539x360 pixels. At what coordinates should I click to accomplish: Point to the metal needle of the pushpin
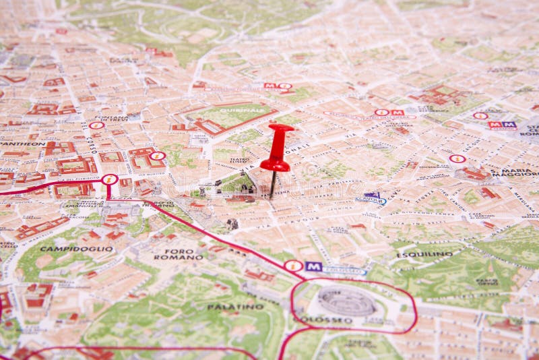tap(273, 184)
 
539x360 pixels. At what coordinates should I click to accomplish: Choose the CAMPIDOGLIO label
tap(67, 248)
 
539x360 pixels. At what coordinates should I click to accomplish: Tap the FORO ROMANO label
tap(179, 254)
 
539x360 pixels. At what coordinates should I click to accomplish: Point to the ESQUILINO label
tap(424, 254)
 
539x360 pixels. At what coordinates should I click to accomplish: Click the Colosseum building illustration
tap(346, 301)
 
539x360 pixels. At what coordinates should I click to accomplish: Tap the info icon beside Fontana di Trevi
tap(97, 125)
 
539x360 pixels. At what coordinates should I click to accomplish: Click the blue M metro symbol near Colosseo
tap(313, 266)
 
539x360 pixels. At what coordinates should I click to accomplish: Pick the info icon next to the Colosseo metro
tap(293, 266)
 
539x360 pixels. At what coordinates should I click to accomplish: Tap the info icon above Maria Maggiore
tap(457, 159)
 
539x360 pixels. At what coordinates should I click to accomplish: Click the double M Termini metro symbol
tap(502, 125)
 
